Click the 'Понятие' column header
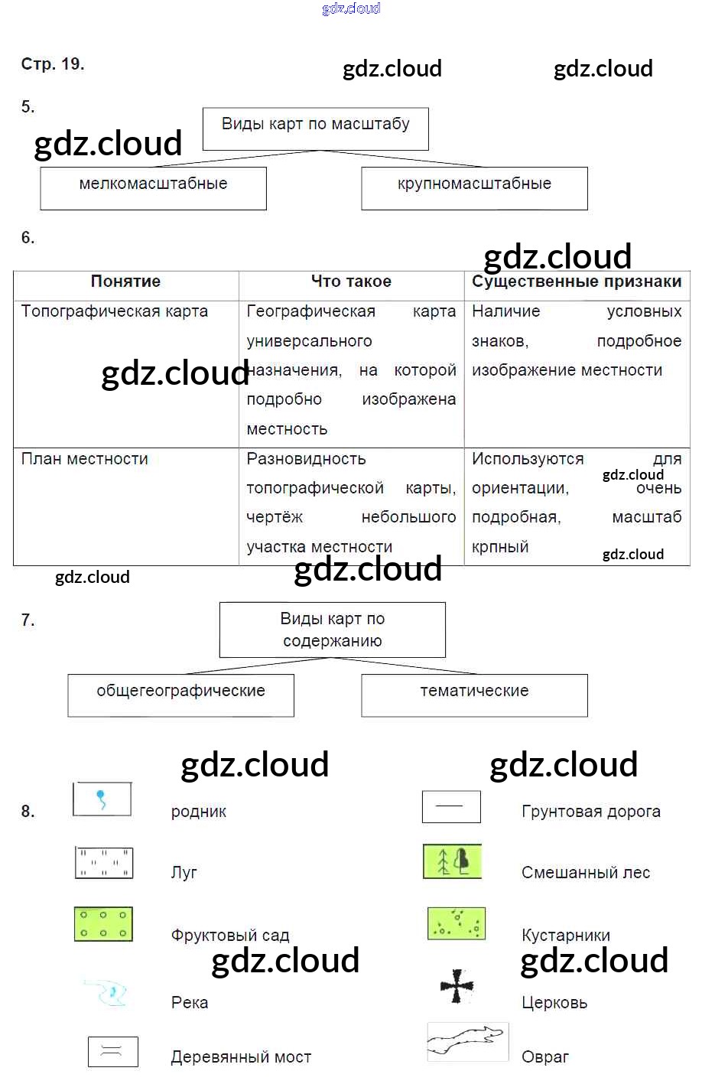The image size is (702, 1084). (x=125, y=282)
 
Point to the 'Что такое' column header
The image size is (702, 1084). (x=351, y=282)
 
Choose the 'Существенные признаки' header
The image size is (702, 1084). (x=577, y=282)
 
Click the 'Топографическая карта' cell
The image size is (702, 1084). (x=115, y=311)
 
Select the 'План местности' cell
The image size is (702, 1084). (x=85, y=459)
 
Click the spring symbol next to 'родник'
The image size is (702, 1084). (x=102, y=799)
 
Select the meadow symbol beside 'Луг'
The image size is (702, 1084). (x=104, y=863)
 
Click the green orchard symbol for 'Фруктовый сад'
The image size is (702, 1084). (x=103, y=923)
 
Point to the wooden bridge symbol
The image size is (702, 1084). (x=112, y=1052)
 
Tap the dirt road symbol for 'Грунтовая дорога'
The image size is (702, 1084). (x=451, y=806)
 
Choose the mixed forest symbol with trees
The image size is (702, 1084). (x=453, y=861)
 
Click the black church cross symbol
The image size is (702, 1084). (x=457, y=986)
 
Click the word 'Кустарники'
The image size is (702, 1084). (x=566, y=936)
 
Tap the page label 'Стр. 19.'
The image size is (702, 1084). (x=53, y=64)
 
